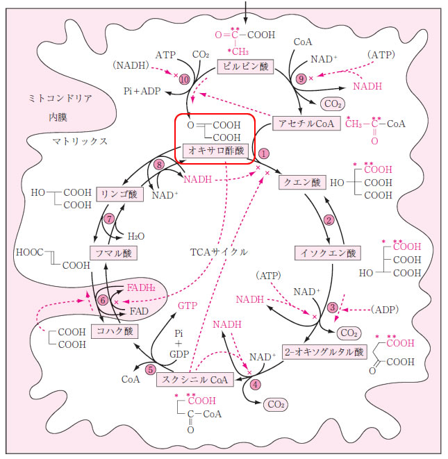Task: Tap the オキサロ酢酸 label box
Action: pyautogui.click(x=214, y=150)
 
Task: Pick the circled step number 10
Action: pyautogui.click(x=183, y=80)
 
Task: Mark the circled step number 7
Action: pyautogui.click(x=110, y=219)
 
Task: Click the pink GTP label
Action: pyautogui.click(x=187, y=305)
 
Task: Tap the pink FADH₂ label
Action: pyautogui.click(x=142, y=287)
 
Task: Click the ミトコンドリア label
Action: pyautogui.click(x=60, y=98)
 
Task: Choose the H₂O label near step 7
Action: pyautogui.click(x=135, y=235)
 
